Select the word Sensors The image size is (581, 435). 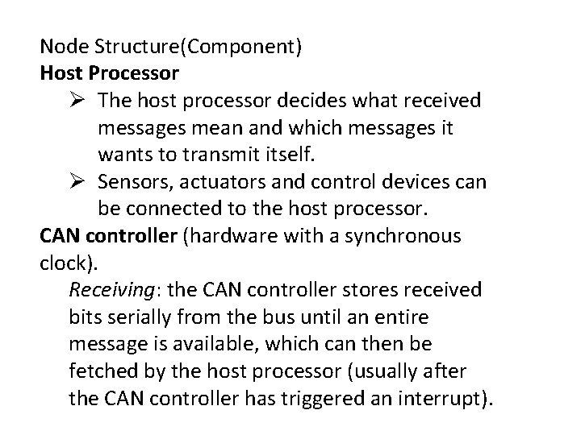(x=136, y=182)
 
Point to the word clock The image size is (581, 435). (x=61, y=263)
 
